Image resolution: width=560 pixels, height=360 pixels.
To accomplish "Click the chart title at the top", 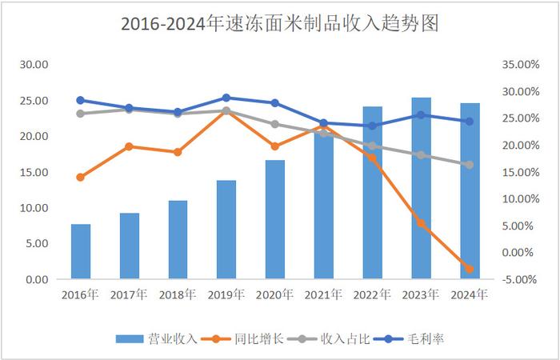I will click(280, 24).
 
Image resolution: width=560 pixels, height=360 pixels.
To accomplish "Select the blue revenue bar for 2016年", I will click(81, 252).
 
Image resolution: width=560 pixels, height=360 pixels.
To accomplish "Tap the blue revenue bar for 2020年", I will click(275, 220).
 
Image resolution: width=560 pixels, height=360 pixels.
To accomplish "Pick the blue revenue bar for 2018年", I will click(178, 240).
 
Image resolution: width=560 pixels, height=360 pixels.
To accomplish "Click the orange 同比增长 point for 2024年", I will click(470, 269).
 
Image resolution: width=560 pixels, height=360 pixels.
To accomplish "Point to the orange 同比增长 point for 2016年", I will click(81, 177).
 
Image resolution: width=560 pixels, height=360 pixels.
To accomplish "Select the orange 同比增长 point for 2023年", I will click(421, 223).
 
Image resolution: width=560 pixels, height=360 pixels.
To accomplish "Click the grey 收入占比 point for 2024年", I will click(470, 165).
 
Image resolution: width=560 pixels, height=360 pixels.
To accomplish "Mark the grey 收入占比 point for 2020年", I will click(275, 124).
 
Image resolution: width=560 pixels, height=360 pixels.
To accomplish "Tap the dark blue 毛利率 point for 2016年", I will click(81, 100).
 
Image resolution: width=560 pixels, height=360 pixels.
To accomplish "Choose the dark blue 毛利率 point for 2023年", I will click(421, 114).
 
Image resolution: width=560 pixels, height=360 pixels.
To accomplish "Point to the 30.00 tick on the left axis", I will click(36, 65).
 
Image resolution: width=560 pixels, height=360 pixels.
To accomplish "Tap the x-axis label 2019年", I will click(226, 295).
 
